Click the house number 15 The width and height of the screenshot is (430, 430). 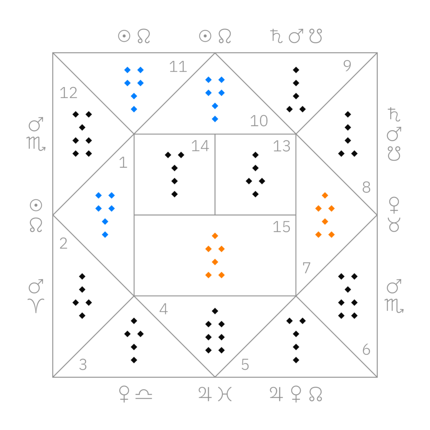pyautogui.click(x=281, y=227)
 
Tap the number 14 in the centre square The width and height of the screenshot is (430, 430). pyautogui.click(x=200, y=146)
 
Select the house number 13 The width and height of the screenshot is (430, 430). pyautogui.click(x=281, y=146)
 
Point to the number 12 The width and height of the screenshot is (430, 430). pyautogui.click(x=68, y=93)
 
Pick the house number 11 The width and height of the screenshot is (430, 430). pyautogui.click(x=178, y=67)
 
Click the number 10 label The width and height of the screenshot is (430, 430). pyautogui.click(x=259, y=121)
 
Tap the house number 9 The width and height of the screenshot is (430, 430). pyautogui.click(x=347, y=66)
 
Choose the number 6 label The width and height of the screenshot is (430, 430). pyautogui.click(x=366, y=350)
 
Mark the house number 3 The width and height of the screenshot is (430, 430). pyautogui.click(x=83, y=365)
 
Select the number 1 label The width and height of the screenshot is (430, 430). pyautogui.click(x=123, y=163)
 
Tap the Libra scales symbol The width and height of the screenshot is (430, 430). pyautogui.click(x=144, y=394)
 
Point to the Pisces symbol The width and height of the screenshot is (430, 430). pyautogui.click(x=225, y=394)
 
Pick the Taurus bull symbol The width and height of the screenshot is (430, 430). pyautogui.click(x=394, y=225)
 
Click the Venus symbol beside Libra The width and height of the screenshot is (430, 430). pyautogui.click(x=124, y=394)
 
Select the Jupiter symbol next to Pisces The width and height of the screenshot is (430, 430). pyautogui.click(x=205, y=394)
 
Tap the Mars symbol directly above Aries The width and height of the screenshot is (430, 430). pyautogui.click(x=36, y=286)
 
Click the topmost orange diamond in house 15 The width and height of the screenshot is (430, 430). pyautogui.click(x=215, y=236)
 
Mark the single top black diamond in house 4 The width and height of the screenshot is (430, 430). pyautogui.click(x=215, y=311)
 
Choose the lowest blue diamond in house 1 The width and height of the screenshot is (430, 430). pyautogui.click(x=105, y=235)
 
